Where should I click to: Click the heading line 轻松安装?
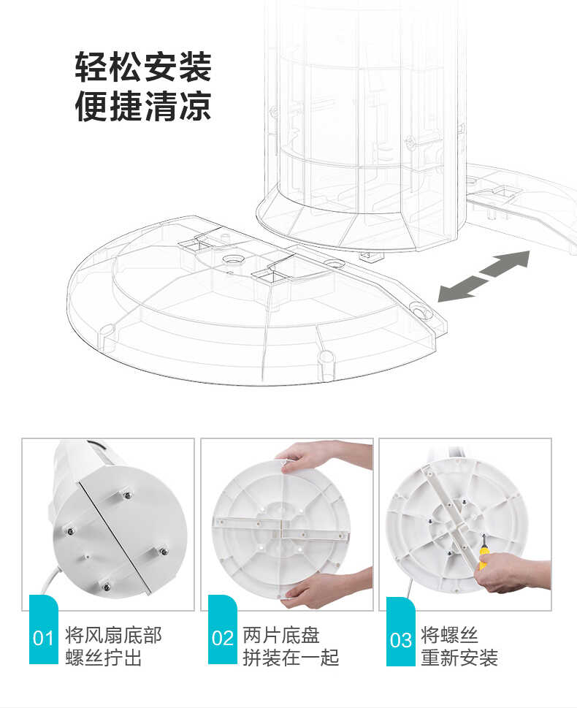143,67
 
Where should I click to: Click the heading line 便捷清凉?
143,105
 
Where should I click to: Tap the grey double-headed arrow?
484,275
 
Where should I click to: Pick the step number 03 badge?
400,639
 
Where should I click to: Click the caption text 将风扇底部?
113,634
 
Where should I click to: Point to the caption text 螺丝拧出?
103,658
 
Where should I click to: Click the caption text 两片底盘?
281,634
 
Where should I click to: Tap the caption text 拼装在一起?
291,658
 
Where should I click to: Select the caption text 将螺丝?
449,634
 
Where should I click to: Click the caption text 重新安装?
459,658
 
